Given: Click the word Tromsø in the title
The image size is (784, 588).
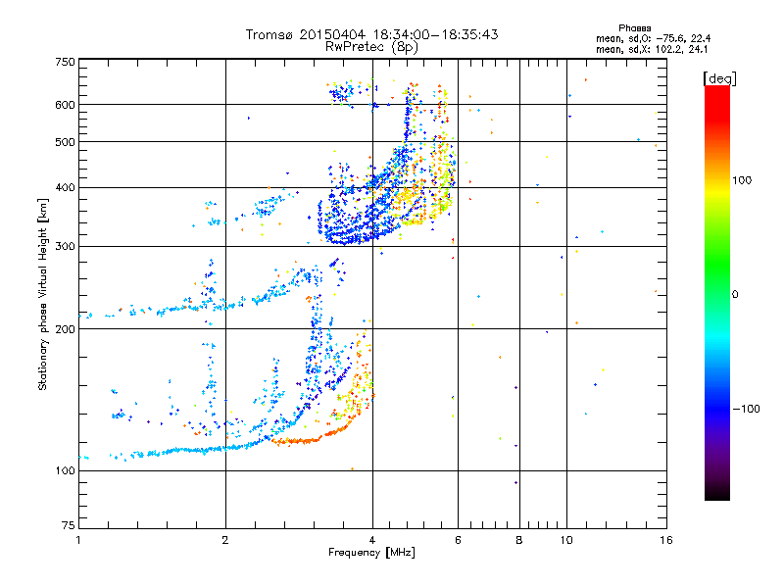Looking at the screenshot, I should pyautogui.click(x=271, y=34).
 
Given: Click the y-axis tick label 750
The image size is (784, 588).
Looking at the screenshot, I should pyautogui.click(x=65, y=62).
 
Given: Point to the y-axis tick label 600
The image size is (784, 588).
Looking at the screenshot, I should pyautogui.click(x=65, y=104).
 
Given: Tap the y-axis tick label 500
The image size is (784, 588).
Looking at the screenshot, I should pyautogui.click(x=65, y=142).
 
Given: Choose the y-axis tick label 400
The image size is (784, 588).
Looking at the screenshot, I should pyautogui.click(x=65, y=187).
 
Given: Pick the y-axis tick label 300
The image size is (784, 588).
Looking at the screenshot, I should pyautogui.click(x=65, y=246).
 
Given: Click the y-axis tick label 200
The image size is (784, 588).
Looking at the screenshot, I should pyautogui.click(x=65, y=329).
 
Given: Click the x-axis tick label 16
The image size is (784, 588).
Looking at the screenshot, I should pyautogui.click(x=665, y=540).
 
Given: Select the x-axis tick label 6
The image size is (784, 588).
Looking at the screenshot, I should pyautogui.click(x=458, y=540).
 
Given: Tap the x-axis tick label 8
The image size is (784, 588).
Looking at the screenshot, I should pyautogui.click(x=519, y=540).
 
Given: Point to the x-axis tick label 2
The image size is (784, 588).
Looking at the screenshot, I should pyautogui.click(x=225, y=540).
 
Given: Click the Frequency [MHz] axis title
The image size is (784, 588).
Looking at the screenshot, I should pyautogui.click(x=371, y=553).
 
